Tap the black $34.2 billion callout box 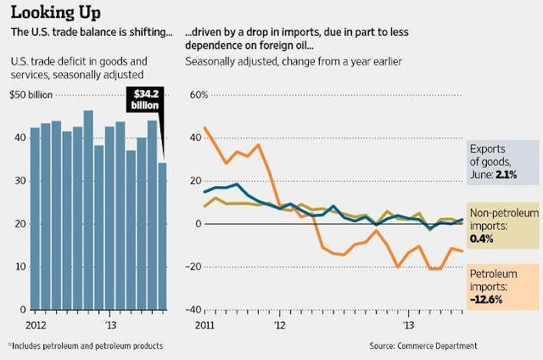147,98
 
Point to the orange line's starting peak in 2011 205,128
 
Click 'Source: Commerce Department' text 422,346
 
